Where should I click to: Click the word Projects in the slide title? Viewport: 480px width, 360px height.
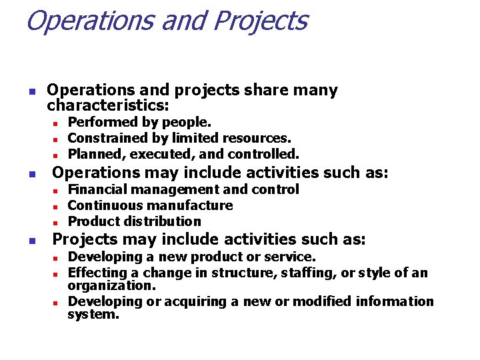pos(260,21)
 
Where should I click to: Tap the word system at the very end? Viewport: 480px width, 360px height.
pos(93,314)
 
